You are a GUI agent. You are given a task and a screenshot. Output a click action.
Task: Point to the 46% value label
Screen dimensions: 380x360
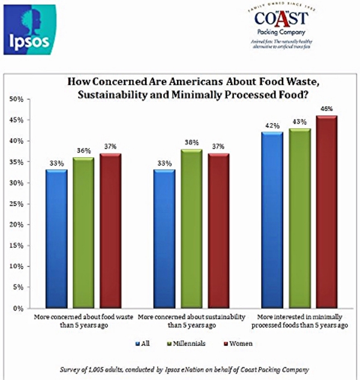pos(327,109)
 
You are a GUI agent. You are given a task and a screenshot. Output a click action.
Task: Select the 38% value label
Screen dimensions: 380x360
pos(192,142)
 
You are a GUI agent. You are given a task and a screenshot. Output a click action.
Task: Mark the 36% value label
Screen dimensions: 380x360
pos(84,151)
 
